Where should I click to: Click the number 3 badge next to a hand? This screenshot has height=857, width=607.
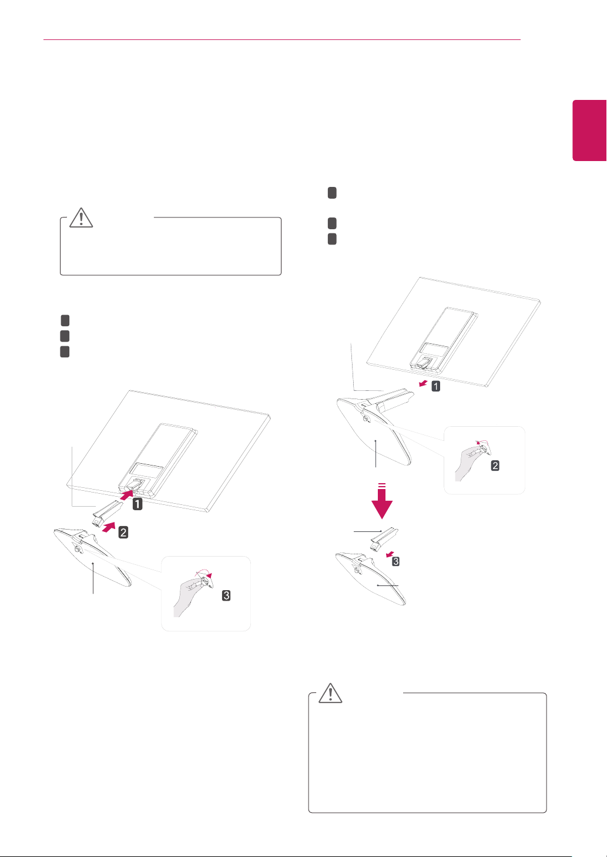click(x=226, y=595)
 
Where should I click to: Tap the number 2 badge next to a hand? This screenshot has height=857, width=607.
click(x=495, y=466)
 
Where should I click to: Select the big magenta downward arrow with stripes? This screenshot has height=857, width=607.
click(x=382, y=501)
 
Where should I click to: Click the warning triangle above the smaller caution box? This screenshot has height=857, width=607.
click(x=81, y=217)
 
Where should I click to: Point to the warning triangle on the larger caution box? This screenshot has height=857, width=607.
click(x=330, y=693)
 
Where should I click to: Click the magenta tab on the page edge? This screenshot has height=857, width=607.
click(x=589, y=130)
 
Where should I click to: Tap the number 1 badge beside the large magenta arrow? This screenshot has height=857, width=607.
click(x=138, y=504)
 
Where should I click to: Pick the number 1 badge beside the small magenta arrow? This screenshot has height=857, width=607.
click(x=435, y=386)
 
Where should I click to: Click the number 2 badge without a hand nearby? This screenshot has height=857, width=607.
click(x=123, y=532)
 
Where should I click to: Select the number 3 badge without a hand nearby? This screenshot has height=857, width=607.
click(x=396, y=561)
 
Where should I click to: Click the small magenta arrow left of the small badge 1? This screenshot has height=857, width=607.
click(x=423, y=383)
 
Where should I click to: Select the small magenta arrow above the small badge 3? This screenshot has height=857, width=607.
click(x=390, y=554)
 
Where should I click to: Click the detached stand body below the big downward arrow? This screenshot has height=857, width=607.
click(x=384, y=538)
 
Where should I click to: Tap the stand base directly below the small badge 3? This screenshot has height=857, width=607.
click(x=370, y=578)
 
